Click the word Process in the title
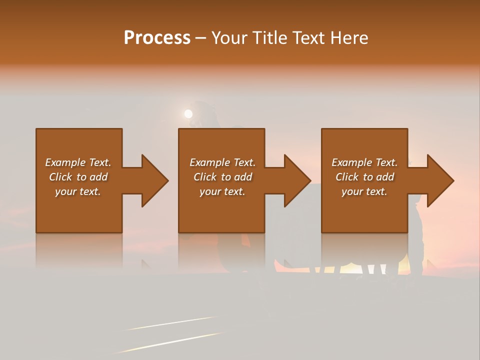point(157,38)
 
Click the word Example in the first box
point(65,162)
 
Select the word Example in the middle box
point(209,162)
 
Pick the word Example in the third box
point(351,162)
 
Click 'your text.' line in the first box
point(78,191)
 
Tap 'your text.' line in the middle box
point(222,191)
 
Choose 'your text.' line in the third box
point(364,191)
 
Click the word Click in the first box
point(60,177)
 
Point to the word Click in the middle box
point(205,177)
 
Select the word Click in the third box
point(347,177)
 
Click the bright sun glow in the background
point(188,114)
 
